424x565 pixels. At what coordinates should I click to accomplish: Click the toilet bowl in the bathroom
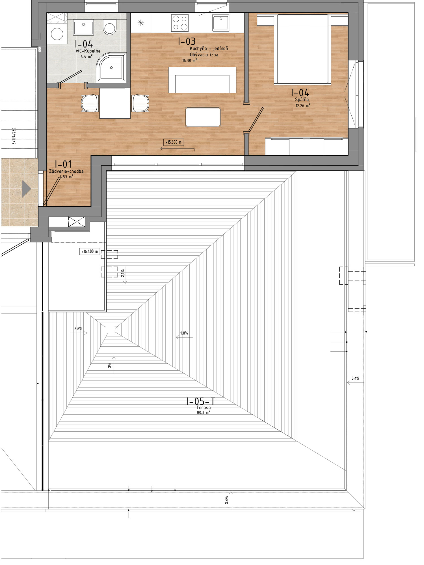[110, 27]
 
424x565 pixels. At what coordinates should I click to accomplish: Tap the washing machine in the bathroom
[57, 34]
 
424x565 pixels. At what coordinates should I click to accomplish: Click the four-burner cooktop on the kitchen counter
[180, 23]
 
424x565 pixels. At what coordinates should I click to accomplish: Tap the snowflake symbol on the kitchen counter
[141, 23]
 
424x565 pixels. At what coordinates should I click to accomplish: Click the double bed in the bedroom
[302, 49]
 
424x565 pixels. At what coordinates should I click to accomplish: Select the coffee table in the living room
[203, 117]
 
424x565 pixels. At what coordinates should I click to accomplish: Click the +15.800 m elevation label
[174, 142]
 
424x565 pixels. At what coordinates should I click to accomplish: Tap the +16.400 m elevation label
[90, 251]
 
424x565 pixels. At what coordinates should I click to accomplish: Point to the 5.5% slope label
[78, 329]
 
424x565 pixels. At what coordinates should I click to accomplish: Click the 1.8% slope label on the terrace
[184, 333]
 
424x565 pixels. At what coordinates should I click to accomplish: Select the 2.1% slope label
[122, 273]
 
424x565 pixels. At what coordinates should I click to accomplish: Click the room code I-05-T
[201, 401]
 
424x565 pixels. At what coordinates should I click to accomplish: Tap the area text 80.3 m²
[204, 412]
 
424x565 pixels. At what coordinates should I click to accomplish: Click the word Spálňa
[302, 100]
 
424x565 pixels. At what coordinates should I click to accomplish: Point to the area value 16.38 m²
[190, 60]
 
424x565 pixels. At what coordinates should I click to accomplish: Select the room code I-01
[63, 164]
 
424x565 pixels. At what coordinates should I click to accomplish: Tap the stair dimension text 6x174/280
[14, 136]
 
